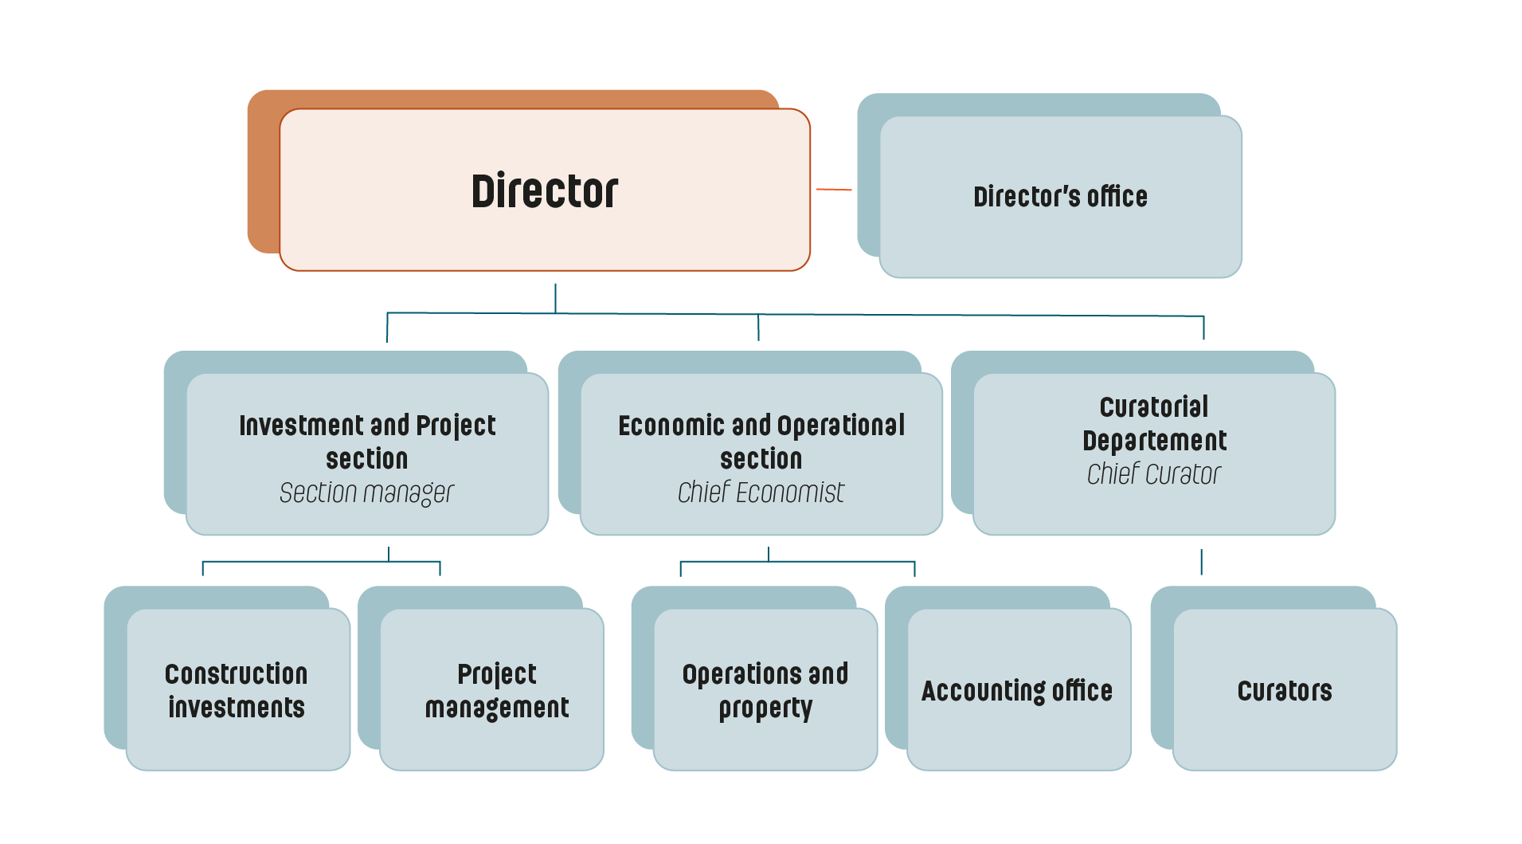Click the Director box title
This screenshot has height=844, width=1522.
(x=545, y=191)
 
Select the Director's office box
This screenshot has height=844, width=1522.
(x=1060, y=197)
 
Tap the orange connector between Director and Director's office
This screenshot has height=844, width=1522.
(x=834, y=190)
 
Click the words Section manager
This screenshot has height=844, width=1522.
(x=366, y=493)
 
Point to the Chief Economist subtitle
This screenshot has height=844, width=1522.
(x=761, y=493)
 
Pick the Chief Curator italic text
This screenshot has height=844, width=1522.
(x=1153, y=475)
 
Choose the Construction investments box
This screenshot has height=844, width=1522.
(x=237, y=690)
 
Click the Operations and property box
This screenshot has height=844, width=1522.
(x=765, y=690)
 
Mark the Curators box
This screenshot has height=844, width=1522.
(x=1285, y=690)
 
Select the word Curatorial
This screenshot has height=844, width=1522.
(x=1154, y=407)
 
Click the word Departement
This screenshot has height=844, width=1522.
(x=1155, y=441)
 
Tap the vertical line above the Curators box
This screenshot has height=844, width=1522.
(x=1201, y=562)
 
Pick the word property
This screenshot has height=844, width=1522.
(x=766, y=709)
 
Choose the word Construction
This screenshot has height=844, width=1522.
(x=237, y=674)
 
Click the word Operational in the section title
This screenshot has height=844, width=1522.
(x=841, y=426)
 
